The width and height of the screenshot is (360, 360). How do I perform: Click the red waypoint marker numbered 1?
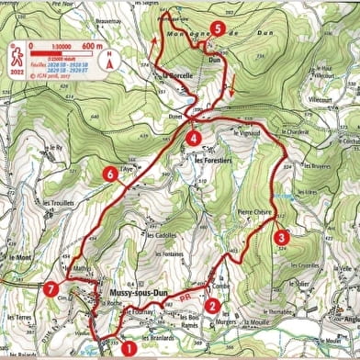click(128, 347)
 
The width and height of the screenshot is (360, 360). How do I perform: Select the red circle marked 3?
click(282, 235)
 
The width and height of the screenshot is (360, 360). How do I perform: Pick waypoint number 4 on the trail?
click(193, 139)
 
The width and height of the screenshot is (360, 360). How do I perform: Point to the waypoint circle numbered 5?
click(217, 28)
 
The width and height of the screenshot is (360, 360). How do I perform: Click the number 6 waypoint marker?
click(111, 173)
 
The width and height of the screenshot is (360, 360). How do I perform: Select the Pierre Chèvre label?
click(254, 212)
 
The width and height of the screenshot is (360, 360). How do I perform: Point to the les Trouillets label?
click(58, 203)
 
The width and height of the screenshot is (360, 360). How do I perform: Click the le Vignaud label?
click(248, 134)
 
